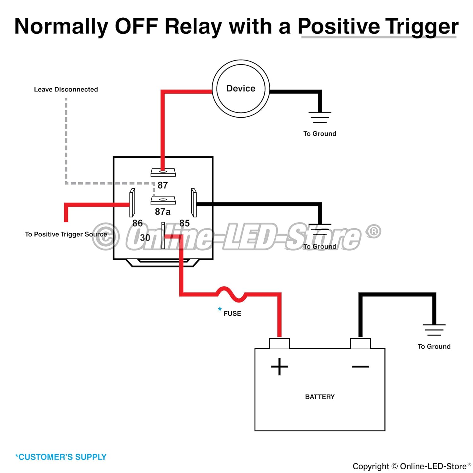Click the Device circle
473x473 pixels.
pos(241,89)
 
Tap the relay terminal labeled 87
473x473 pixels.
pos(163,172)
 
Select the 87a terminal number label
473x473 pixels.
pos(162,212)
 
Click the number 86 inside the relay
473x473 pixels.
pos(137,223)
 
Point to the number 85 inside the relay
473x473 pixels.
pos(184,223)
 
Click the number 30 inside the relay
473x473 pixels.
pos(145,238)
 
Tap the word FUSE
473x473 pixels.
pos(232,313)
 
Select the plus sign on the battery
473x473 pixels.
pos(279,367)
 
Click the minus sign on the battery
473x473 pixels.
pos(360,366)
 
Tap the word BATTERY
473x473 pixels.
pos(320,397)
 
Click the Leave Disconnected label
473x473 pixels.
pos(66,90)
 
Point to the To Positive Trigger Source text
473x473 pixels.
pos(66,234)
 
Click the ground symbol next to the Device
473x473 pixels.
pos(320,117)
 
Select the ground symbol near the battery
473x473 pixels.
pos(434,330)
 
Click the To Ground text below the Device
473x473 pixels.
pos(320,134)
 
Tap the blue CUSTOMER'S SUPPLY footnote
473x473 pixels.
pos(61,457)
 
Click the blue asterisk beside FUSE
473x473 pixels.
pos(220,309)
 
